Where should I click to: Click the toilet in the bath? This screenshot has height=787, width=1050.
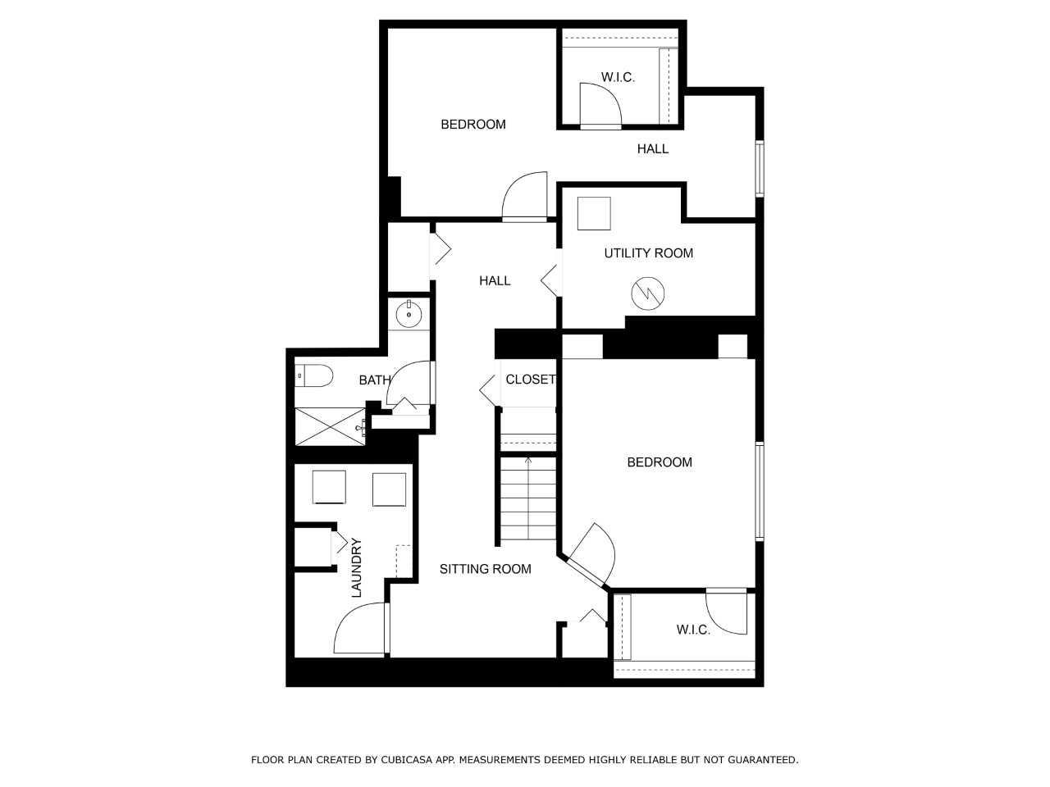coord(313,375)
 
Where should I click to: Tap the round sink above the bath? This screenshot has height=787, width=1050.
coord(409,315)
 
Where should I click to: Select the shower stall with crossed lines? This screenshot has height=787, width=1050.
coord(330,427)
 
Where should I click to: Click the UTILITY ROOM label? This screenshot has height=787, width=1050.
coord(648,253)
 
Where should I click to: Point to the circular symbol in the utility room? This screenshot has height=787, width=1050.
coord(648,293)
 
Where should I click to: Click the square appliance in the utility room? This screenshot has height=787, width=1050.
coord(594,214)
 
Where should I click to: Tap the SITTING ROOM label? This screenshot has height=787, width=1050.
coord(485,569)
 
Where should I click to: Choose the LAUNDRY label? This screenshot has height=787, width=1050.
coord(356,567)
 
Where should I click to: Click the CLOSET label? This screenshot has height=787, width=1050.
coord(531,380)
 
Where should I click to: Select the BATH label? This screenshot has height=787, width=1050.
coord(375,380)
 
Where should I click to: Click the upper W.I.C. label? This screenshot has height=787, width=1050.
coord(618,77)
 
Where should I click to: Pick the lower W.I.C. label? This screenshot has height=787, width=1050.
coord(693,630)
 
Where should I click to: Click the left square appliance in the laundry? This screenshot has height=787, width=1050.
coord(329,487)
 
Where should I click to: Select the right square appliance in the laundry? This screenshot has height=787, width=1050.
coord(390,489)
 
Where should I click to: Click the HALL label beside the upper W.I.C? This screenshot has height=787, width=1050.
coord(652,149)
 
